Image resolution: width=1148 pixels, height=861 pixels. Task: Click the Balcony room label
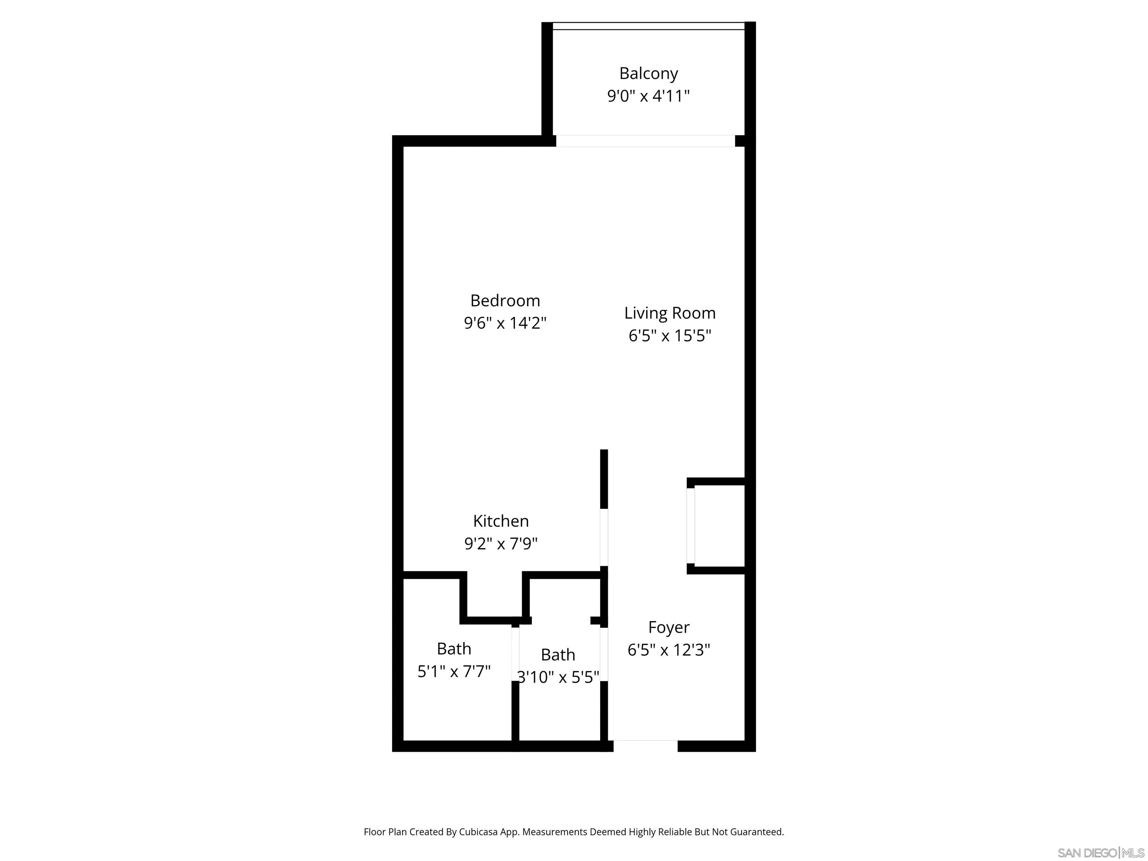click(x=648, y=74)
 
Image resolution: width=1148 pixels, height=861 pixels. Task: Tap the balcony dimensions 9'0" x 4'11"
click(x=648, y=96)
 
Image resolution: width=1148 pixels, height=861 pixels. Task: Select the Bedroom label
click(x=504, y=300)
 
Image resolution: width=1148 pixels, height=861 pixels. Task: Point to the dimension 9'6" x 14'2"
click(x=504, y=323)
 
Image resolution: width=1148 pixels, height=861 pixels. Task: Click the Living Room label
click(x=670, y=313)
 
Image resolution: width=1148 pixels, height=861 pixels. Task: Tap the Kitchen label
click(x=500, y=521)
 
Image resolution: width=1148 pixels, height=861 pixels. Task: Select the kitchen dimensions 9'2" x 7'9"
click(x=500, y=544)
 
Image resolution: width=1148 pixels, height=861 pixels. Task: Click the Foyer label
click(x=669, y=627)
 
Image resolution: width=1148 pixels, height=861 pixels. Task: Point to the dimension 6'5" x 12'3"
click(x=669, y=650)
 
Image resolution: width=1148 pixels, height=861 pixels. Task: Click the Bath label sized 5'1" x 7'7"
click(x=454, y=649)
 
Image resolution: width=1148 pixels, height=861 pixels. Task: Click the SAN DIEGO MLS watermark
click(x=1100, y=853)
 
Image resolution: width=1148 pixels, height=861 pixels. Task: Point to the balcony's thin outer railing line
click(x=648, y=26)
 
